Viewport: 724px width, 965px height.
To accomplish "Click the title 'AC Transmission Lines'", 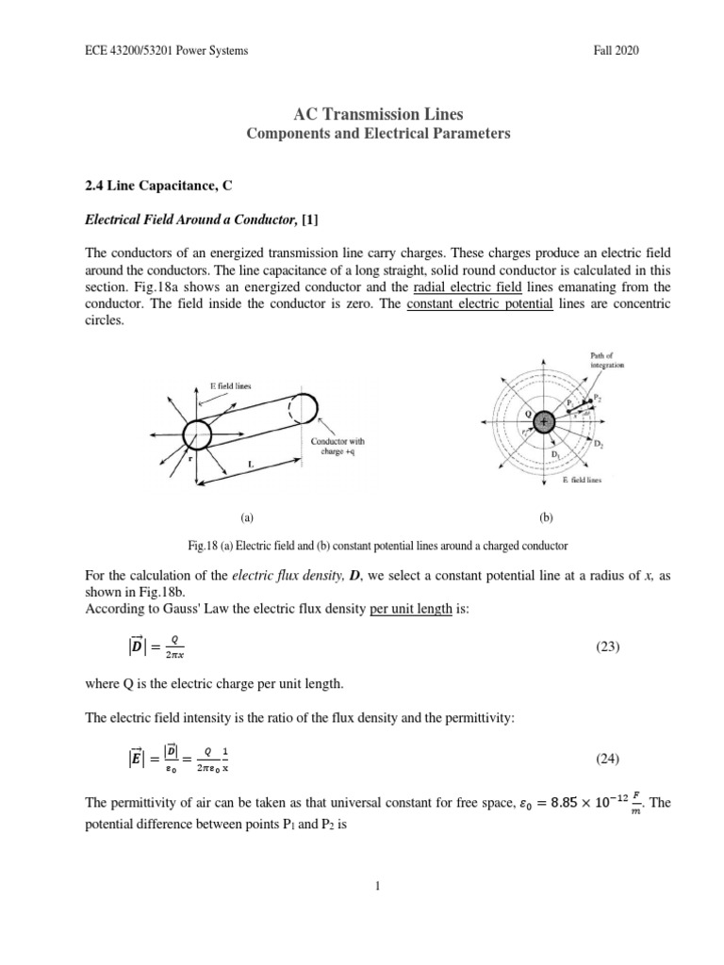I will click(x=361, y=114).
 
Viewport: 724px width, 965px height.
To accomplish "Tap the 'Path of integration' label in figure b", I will click(x=602, y=359).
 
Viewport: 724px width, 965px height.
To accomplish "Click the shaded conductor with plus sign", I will click(x=543, y=424).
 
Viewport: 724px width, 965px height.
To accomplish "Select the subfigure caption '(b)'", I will click(x=545, y=517).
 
